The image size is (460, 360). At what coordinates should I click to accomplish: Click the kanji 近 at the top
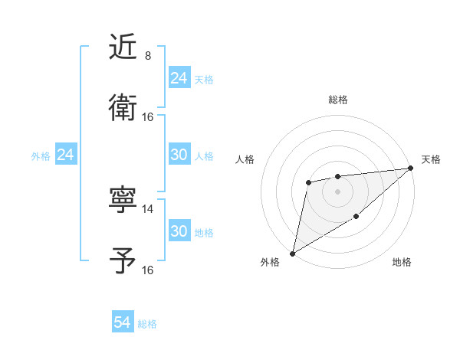(x=123, y=47)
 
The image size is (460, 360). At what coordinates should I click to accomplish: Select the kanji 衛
(x=123, y=107)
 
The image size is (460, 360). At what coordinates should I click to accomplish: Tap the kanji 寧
(x=123, y=201)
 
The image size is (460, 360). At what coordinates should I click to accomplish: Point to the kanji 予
(x=123, y=260)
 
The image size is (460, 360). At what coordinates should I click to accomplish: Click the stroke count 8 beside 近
(x=148, y=56)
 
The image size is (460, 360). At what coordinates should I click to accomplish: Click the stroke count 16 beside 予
(x=148, y=270)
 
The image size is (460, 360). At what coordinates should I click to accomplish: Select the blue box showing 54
(x=123, y=323)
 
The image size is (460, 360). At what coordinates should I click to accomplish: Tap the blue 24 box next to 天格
(x=179, y=78)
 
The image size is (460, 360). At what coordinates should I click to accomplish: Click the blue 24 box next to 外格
(x=66, y=155)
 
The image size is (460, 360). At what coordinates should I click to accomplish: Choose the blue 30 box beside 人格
(x=179, y=155)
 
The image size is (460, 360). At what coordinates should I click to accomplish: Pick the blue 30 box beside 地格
(x=179, y=231)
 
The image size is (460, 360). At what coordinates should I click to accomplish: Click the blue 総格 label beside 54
(x=147, y=324)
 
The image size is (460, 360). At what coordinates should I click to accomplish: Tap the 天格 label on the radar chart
(x=431, y=159)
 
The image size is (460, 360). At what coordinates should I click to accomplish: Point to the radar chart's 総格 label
(x=337, y=100)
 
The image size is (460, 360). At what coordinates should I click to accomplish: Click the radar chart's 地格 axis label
(x=402, y=263)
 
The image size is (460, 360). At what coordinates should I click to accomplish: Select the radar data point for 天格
(x=412, y=168)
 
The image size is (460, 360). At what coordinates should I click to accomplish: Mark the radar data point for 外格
(x=292, y=253)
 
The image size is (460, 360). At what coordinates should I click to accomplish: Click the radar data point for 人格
(x=308, y=182)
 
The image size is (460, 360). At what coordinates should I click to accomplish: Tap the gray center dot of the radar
(x=337, y=191)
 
